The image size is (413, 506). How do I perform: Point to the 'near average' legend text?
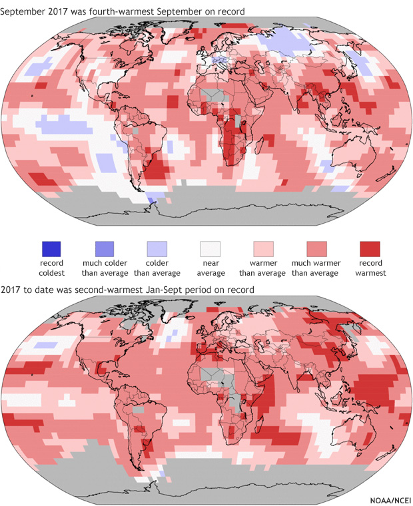click(x=210, y=268)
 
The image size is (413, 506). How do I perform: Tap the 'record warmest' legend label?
click(x=370, y=268)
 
